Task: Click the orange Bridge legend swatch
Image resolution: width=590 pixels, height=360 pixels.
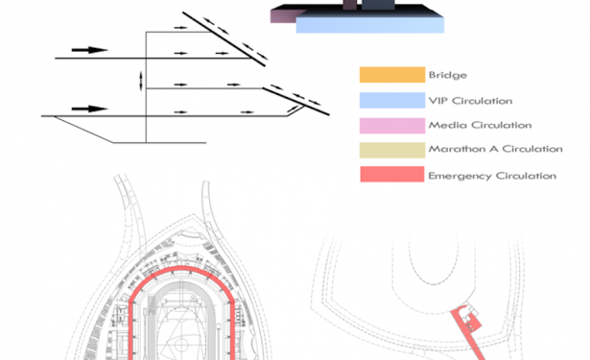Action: tap(392, 75)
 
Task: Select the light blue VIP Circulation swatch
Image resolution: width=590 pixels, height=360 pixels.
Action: tap(392, 100)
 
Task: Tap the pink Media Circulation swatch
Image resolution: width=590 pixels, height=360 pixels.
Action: tap(392, 126)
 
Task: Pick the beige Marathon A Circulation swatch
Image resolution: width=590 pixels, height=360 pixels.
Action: tap(392, 151)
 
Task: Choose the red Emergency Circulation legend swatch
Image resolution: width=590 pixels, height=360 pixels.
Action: tap(392, 175)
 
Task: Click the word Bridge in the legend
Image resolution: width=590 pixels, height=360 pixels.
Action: tap(448, 75)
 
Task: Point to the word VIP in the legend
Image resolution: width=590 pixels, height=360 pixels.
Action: tap(438, 101)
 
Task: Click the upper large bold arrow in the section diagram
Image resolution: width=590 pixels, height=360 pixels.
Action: tap(89, 50)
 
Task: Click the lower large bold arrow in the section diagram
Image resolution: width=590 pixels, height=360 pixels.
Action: tap(89, 108)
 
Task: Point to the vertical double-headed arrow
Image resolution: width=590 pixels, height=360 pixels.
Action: tap(141, 81)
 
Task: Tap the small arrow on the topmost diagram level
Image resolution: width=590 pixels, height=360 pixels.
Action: tap(180, 28)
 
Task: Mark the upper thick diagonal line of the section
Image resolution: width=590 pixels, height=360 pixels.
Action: tap(224, 39)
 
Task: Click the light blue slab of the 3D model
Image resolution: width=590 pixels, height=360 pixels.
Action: tap(370, 23)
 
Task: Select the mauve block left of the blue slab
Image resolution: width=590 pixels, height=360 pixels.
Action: tap(285, 16)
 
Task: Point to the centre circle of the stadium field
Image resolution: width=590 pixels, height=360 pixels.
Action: tap(181, 345)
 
